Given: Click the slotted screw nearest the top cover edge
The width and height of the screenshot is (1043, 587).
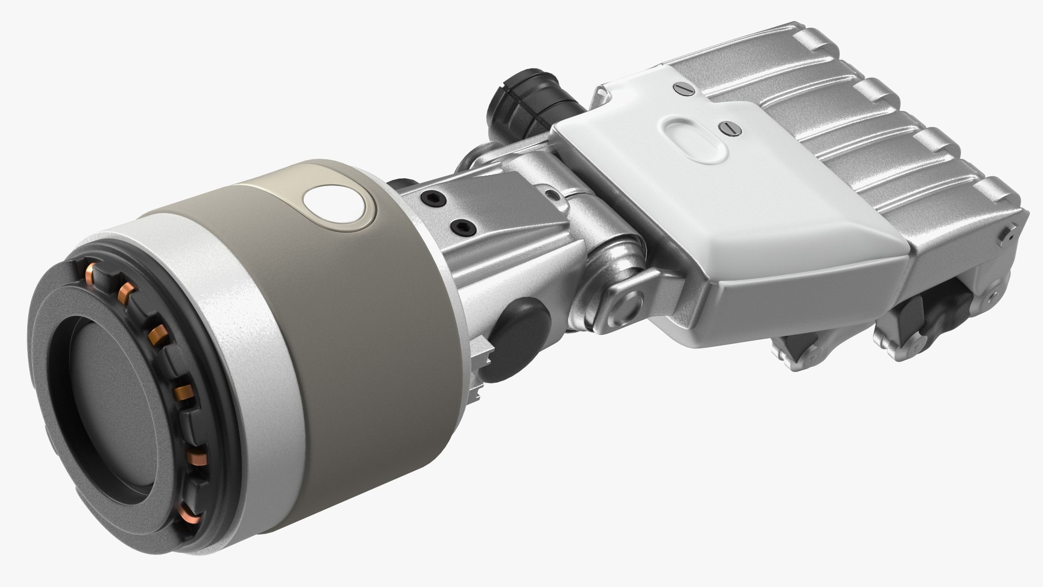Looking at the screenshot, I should tap(679, 88).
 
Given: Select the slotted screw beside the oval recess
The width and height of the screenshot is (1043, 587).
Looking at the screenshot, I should tap(726, 127).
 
